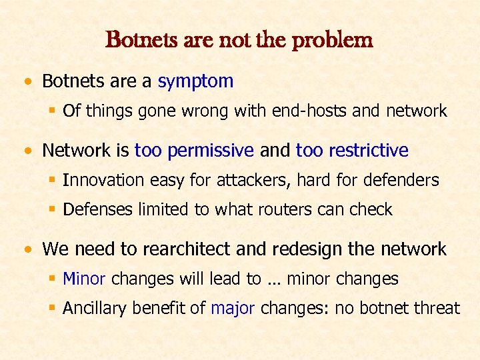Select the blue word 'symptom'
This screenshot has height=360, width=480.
tap(195, 81)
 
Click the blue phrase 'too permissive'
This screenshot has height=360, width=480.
tap(194, 151)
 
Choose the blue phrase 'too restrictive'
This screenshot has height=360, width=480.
tap(352, 151)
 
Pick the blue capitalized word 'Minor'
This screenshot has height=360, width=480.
tap(85, 279)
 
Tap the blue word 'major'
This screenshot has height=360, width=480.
tap(233, 308)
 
